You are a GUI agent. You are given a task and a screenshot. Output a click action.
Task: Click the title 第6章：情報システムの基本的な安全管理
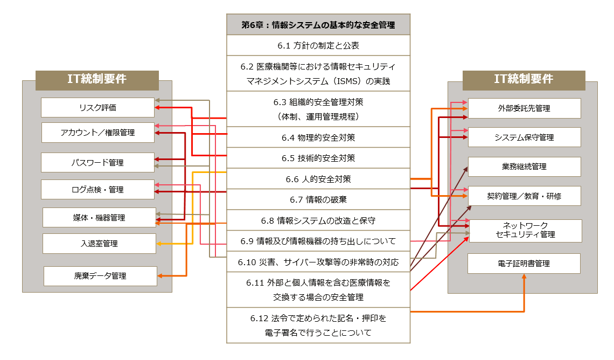(318, 25)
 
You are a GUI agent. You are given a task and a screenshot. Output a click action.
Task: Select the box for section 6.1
(318, 45)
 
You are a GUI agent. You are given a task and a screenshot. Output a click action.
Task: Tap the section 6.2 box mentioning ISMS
(318, 74)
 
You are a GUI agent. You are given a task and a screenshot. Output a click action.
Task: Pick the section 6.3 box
(318, 109)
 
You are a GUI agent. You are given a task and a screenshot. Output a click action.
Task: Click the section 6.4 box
(318, 137)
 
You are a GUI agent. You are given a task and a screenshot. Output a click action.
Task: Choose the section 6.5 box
(318, 158)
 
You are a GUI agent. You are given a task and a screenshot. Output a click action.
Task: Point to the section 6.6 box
(318, 179)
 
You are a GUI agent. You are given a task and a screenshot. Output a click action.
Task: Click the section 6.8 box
(318, 220)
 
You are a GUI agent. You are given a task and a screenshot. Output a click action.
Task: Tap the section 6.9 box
(318, 241)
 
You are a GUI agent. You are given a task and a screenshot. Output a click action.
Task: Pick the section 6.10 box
(318, 262)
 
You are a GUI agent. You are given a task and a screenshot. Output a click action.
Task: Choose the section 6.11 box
(318, 290)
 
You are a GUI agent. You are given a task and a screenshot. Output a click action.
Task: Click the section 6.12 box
(318, 326)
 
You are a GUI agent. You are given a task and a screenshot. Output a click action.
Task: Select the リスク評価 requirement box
(97, 108)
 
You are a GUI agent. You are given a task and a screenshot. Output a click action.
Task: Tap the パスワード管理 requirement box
(97, 162)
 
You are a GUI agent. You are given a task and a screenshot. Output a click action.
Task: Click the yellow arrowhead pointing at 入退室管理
(158, 244)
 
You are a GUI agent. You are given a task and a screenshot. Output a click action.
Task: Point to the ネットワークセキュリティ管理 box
(525, 231)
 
